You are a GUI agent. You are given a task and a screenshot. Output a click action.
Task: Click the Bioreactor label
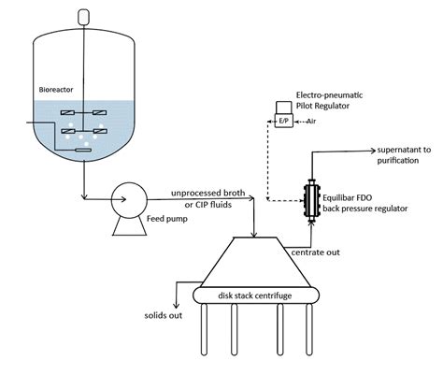pyautogui.click(x=56, y=90)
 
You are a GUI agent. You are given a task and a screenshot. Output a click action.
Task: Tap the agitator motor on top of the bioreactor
pyautogui.click(x=83, y=17)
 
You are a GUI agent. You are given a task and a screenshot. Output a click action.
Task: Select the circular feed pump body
pyautogui.click(x=129, y=200)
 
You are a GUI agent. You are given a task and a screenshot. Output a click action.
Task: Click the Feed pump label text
pyautogui.click(x=167, y=219)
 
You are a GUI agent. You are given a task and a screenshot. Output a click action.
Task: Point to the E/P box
pyautogui.click(x=283, y=121)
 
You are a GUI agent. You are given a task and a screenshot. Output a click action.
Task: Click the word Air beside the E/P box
pyautogui.click(x=311, y=121)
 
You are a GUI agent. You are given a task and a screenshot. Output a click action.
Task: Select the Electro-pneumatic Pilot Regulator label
pyautogui.click(x=329, y=100)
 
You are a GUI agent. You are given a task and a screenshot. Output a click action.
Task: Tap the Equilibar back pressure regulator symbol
pyautogui.click(x=311, y=201)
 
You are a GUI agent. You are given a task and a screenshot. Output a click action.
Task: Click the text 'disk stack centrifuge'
pyautogui.click(x=255, y=296)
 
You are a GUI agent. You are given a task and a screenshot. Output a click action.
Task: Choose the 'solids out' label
pyautogui.click(x=164, y=315)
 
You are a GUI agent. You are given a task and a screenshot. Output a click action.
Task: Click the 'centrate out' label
pyautogui.click(x=315, y=252)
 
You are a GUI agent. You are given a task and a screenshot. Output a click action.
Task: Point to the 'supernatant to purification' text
pyautogui.click(x=404, y=155)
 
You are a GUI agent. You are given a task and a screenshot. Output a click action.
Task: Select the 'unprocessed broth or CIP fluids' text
pyautogui.click(x=208, y=199)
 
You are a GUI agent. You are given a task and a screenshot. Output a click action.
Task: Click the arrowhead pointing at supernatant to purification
pyautogui.click(x=373, y=151)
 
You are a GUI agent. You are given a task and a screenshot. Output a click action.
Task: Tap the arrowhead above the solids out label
pyautogui.click(x=177, y=306)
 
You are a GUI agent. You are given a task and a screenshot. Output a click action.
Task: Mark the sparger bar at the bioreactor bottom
pyautogui.click(x=83, y=151)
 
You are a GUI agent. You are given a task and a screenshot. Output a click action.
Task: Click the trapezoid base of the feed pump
pyautogui.click(x=130, y=226)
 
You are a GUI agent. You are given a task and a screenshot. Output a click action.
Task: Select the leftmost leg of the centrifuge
pyautogui.click(x=204, y=329)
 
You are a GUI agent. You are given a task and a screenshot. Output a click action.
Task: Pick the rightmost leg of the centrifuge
pyautogui.click(x=309, y=329)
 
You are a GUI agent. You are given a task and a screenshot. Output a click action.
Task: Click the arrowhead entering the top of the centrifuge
pyautogui.click(x=254, y=235)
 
